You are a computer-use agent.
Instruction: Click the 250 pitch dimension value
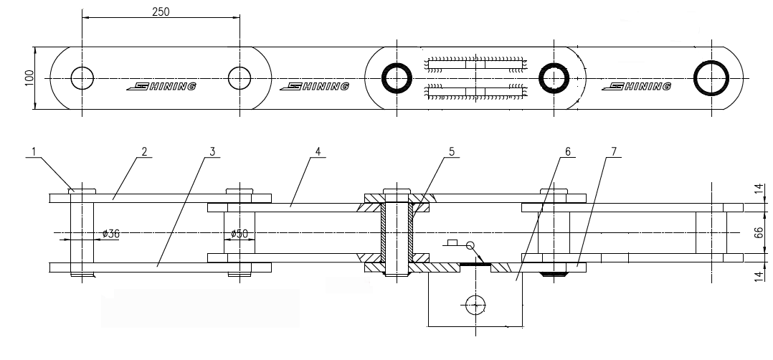tap(161, 11)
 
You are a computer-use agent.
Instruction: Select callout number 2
tap(144, 152)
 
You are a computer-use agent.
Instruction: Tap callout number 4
tap(318, 152)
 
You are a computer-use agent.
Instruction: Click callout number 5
tap(452, 152)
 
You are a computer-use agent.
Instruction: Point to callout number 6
tap(567, 152)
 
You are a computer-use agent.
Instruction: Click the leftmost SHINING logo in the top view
tap(161, 87)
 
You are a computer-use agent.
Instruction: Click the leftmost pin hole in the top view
tap(82, 77)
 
